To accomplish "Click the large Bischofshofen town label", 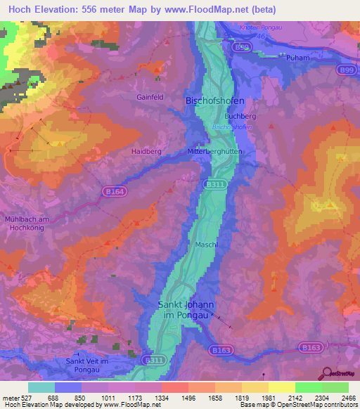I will (x=215, y=101).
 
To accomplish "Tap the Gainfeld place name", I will (x=151, y=98).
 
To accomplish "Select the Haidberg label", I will (x=146, y=151).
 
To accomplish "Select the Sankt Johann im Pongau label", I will (x=186, y=310).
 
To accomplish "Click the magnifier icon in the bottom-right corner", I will (x=327, y=374).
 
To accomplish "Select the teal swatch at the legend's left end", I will (x=41, y=387).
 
